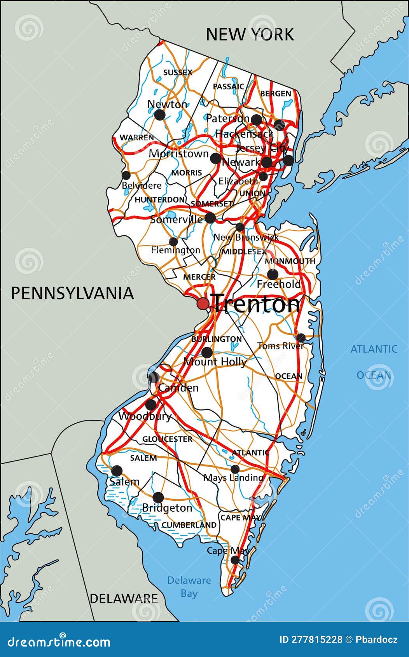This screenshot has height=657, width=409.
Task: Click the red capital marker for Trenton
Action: pyautogui.click(x=203, y=303)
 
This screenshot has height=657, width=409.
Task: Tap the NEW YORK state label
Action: pyautogui.click(x=250, y=34)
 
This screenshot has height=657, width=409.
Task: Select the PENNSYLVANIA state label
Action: pyautogui.click(x=72, y=293)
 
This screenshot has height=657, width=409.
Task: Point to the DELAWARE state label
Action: pyautogui.click(x=124, y=598)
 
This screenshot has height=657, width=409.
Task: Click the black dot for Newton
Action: pyautogui.click(x=159, y=115)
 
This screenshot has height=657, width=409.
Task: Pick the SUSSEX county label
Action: pyautogui.click(x=178, y=72)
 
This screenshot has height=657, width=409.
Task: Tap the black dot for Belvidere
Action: pyautogui.click(x=126, y=175)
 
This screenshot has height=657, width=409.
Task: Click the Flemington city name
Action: pyautogui.click(x=176, y=250)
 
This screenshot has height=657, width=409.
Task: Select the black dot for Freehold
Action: pyautogui.click(x=273, y=274)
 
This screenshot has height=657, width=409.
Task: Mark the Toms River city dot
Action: pyautogui.click(x=301, y=337)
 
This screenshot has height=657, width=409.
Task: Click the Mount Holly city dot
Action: pyautogui.click(x=207, y=353)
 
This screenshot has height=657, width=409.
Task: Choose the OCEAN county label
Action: pyautogui.click(x=288, y=376)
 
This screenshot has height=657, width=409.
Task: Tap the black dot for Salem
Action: pyautogui.click(x=117, y=471)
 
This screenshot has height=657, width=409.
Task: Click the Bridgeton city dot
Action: pyautogui.click(x=158, y=498)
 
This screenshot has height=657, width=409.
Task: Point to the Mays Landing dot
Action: pyautogui.click(x=235, y=469)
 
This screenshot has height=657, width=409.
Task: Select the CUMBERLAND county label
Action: pyautogui.click(x=189, y=525)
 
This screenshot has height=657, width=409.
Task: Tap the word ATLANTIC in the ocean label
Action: pyautogui.click(x=374, y=349)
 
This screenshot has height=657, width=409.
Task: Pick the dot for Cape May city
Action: pyautogui.click(x=235, y=560)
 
